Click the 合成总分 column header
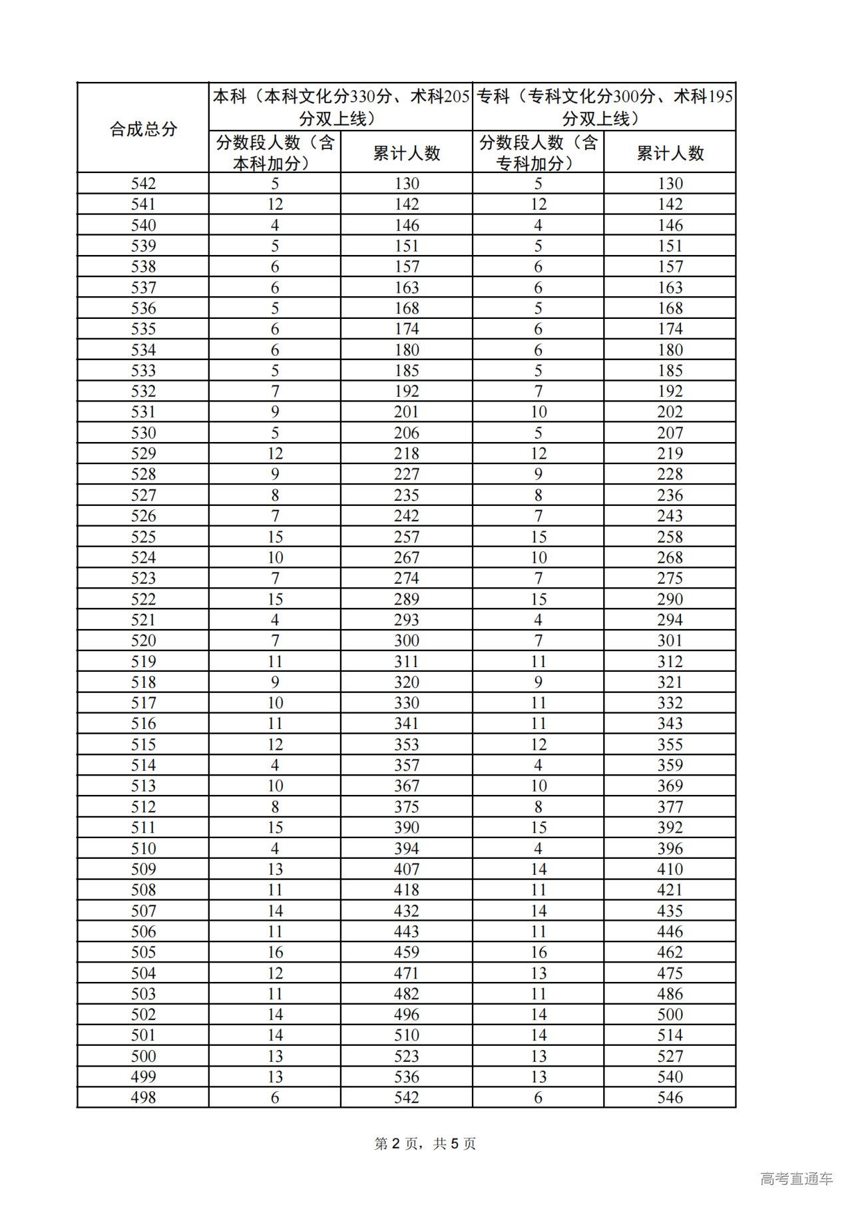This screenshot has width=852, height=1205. (143, 128)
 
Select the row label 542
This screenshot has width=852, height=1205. (143, 184)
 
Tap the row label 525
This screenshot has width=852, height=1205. (143, 537)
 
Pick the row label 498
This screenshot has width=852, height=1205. (143, 1098)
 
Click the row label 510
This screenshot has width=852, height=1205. (143, 849)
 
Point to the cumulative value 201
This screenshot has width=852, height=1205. (406, 412)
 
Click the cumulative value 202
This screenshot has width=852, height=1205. (670, 412)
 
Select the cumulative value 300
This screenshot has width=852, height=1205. (406, 641)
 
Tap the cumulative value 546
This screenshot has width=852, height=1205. (670, 1098)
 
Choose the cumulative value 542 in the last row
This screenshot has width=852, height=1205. (406, 1098)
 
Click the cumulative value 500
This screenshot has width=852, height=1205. (670, 1015)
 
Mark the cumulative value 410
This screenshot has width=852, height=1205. (670, 869)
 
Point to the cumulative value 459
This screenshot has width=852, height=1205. (406, 953)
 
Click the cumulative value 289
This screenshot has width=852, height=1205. (406, 599)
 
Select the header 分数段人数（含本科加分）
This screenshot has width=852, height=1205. (274, 152)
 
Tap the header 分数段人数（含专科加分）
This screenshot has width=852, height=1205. (538, 152)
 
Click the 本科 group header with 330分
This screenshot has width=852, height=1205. (341, 107)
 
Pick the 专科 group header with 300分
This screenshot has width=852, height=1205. (604, 107)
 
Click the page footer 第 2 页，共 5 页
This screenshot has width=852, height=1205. (425, 1144)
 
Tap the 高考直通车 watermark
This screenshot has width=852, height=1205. (796, 1179)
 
